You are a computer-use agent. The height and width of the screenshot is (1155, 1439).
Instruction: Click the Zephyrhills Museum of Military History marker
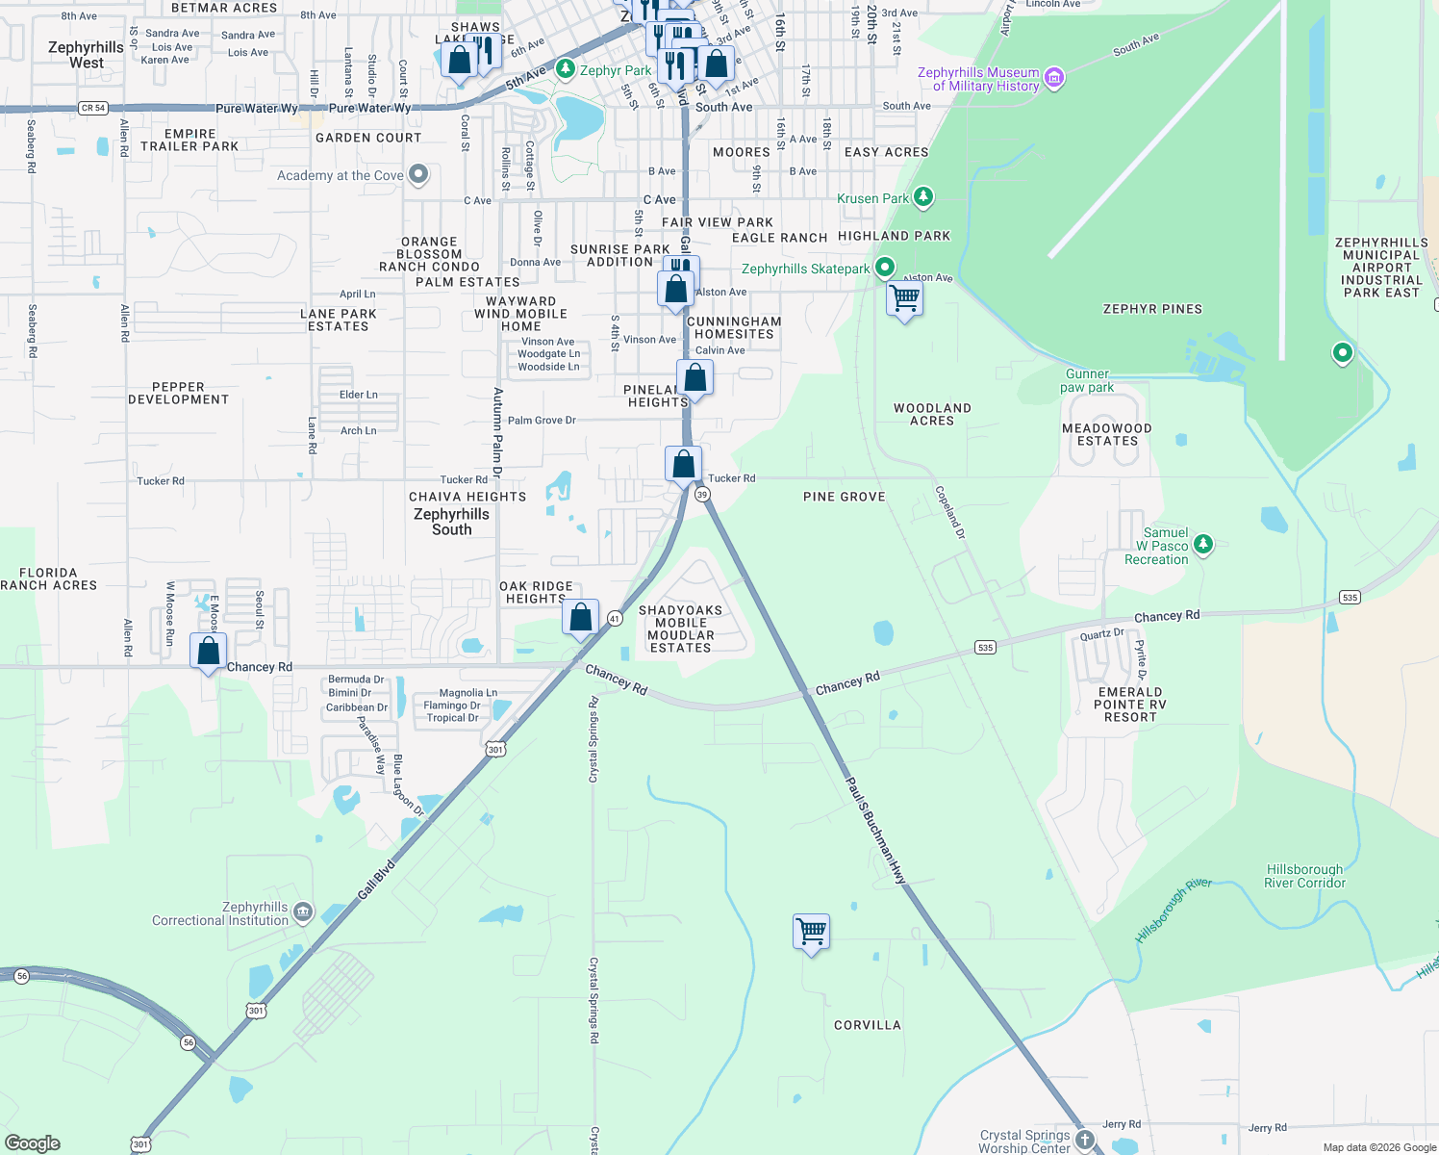(x=1054, y=78)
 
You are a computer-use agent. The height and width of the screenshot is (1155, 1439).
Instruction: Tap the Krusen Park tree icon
(x=923, y=197)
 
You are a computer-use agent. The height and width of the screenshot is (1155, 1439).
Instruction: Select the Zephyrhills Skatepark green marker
(x=885, y=268)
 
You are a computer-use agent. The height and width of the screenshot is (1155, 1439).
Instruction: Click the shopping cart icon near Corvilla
(x=812, y=931)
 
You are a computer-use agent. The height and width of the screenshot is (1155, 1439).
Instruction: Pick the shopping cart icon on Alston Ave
(x=904, y=298)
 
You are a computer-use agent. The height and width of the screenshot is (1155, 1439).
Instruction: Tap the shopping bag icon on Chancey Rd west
(x=208, y=652)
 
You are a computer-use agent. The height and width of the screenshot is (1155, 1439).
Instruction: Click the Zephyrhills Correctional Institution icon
(x=303, y=912)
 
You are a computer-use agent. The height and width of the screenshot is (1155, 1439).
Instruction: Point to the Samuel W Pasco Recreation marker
(x=1202, y=546)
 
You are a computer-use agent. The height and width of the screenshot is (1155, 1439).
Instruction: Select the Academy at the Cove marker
(x=417, y=174)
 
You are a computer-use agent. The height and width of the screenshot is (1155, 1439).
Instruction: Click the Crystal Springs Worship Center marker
(x=1085, y=1140)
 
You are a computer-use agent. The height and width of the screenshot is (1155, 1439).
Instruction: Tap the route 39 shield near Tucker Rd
(x=702, y=494)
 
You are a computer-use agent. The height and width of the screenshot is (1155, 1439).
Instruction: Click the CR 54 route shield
(x=93, y=108)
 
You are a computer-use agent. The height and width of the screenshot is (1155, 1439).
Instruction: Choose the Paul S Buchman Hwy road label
(x=875, y=830)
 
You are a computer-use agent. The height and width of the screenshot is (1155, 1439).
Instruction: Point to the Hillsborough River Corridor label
(x=1304, y=876)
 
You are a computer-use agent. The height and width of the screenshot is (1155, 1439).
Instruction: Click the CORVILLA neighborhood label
(x=868, y=1025)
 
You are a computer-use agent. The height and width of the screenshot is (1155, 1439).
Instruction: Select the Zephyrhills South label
(x=451, y=522)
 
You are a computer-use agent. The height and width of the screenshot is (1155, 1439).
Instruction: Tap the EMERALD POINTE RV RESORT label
(x=1130, y=705)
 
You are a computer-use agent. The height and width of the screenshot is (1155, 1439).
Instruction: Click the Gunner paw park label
(x=1087, y=380)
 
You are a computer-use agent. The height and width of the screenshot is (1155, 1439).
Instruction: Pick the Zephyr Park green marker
(x=566, y=69)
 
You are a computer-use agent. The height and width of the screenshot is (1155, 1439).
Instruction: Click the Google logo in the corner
(x=33, y=1142)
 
